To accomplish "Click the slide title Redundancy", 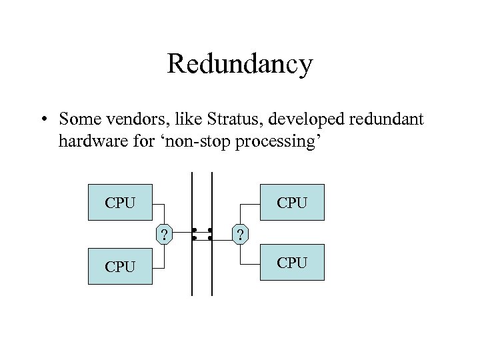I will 239,65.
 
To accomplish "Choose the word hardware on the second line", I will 85,141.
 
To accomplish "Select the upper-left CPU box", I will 121,202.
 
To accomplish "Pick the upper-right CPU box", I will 293,202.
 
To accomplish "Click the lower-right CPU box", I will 293,263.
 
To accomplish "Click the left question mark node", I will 164,234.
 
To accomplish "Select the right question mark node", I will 240,234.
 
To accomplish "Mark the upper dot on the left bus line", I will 193,230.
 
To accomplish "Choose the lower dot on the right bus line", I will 210,237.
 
